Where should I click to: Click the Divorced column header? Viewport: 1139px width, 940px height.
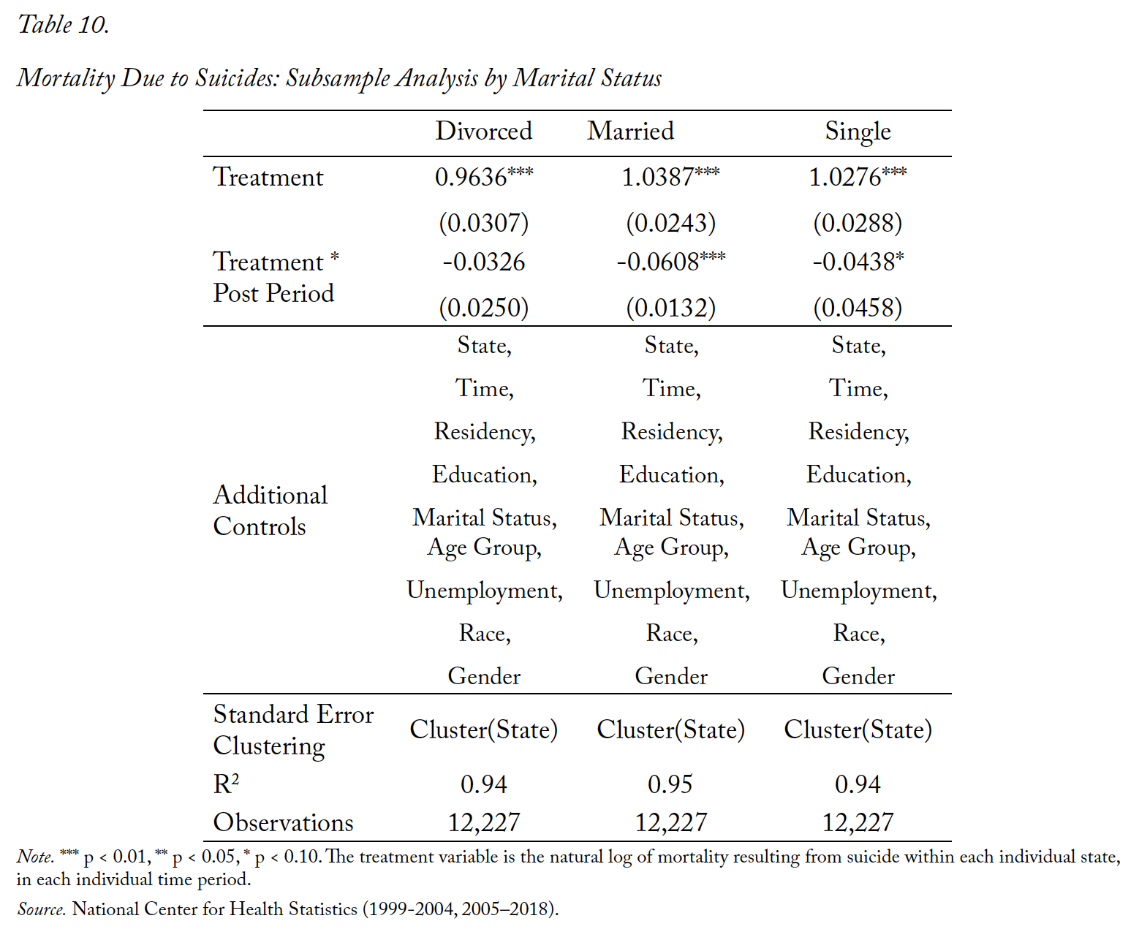click(483, 131)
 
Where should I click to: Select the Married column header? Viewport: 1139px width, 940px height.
click(631, 131)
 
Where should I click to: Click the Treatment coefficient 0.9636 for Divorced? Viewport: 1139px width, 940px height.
click(484, 177)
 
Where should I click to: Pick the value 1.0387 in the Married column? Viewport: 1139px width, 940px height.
click(670, 177)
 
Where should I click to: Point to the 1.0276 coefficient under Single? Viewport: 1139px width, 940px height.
click(858, 177)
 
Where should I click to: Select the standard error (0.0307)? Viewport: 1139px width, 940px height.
click(484, 223)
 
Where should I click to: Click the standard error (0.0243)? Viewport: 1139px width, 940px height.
click(670, 223)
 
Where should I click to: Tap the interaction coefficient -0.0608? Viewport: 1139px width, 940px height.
click(670, 262)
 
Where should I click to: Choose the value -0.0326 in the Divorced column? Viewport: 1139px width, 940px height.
click(484, 262)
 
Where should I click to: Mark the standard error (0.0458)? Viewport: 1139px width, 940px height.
click(858, 308)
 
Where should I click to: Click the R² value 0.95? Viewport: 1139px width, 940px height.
click(670, 784)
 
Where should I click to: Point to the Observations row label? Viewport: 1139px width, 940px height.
click(283, 823)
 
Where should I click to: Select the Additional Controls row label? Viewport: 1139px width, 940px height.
click(270, 511)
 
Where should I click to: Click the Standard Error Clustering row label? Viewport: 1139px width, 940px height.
click(293, 730)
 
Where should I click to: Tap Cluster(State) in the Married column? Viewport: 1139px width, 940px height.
click(670, 730)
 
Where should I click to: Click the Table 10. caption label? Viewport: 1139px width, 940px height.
click(64, 25)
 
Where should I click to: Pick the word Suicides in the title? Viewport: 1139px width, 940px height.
click(236, 77)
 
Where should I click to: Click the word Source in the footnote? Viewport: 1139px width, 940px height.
click(42, 909)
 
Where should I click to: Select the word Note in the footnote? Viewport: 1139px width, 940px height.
click(35, 857)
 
